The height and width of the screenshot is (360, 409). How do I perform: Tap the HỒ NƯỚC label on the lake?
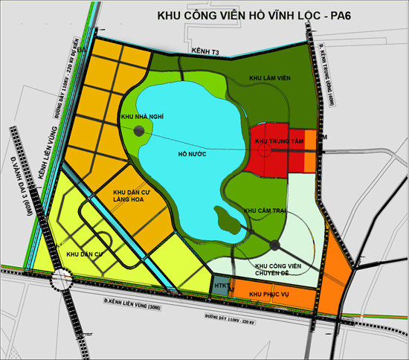coord(192,153)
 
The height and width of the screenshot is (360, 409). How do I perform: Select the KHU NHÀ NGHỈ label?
coord(141,117)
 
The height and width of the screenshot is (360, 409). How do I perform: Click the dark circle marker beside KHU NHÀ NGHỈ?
coord(139,131)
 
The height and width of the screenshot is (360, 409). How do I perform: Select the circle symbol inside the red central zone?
coord(264,150)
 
